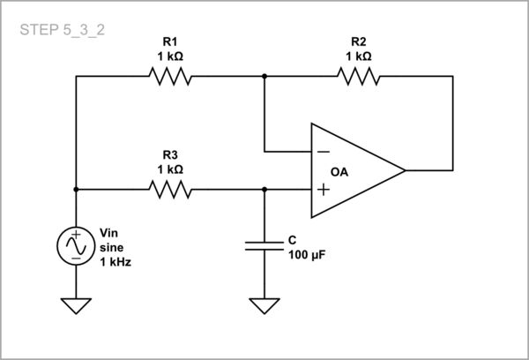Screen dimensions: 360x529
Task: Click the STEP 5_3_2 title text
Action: [x=63, y=29]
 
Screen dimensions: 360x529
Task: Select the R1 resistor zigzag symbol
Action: [x=171, y=77]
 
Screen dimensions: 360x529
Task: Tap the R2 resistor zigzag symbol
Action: [x=360, y=77]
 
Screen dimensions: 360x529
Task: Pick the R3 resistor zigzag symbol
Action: [x=171, y=189]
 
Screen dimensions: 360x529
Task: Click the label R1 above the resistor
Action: [x=171, y=41]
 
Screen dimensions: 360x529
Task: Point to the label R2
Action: [x=359, y=41]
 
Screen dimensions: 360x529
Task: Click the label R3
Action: [x=171, y=154]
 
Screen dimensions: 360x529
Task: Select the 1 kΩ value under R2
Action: [x=359, y=56]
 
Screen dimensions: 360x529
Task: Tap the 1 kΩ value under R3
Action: [x=171, y=169]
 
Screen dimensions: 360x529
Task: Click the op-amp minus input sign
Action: [x=324, y=150]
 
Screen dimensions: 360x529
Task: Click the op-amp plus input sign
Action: [x=324, y=189]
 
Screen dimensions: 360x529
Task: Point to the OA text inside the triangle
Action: [x=339, y=170]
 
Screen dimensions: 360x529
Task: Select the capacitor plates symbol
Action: [x=264, y=244]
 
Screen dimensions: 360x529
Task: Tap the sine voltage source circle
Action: [x=76, y=246]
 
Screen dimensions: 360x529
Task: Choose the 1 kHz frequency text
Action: [x=115, y=262]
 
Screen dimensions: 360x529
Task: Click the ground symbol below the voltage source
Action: [x=76, y=305]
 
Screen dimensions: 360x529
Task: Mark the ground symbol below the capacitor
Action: [x=264, y=305]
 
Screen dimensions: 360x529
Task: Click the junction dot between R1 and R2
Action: [x=264, y=77]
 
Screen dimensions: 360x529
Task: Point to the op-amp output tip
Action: [x=405, y=169]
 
